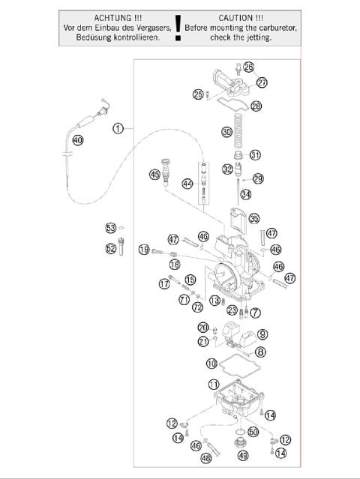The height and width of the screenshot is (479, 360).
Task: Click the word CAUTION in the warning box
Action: [x=235, y=16]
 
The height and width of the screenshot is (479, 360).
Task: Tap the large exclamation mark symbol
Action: [x=178, y=27]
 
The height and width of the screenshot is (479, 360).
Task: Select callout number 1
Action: [x=118, y=128]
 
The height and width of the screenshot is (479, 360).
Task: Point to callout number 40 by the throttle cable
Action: [x=78, y=140]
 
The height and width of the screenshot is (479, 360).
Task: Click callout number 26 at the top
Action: [x=248, y=67]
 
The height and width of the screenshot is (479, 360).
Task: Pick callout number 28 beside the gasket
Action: [x=256, y=106]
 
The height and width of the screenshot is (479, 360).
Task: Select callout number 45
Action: [x=154, y=175]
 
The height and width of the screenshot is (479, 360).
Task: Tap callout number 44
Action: [x=187, y=184]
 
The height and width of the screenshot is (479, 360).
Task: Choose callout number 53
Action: [x=111, y=227]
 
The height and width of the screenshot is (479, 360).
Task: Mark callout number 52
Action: [x=111, y=248]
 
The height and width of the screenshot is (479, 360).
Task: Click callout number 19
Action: [x=145, y=250]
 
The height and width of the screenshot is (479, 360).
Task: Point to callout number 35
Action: [x=253, y=219]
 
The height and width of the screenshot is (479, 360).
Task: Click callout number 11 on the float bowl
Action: [x=214, y=384]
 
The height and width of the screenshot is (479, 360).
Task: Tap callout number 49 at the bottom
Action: [x=242, y=455]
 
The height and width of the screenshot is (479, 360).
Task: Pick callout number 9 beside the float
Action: [x=262, y=334]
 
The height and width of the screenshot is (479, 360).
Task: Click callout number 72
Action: [x=197, y=307]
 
